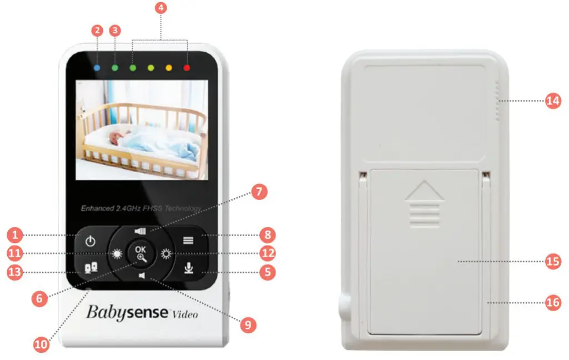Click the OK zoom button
click(141, 253)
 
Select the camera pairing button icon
click(91, 268)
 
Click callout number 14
click(553, 101)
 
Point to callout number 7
click(259, 193)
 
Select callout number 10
click(42, 344)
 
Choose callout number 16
click(553, 302)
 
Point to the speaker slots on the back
click(497, 103)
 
